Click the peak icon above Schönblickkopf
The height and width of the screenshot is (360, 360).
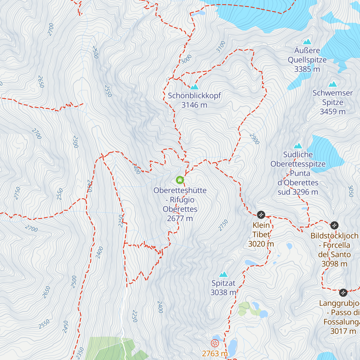pyautogui.click(x=194, y=87)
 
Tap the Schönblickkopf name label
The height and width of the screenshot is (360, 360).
pyautogui.click(x=194, y=96)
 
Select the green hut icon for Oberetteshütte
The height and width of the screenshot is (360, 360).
pyautogui.click(x=180, y=180)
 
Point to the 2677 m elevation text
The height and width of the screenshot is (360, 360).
pyautogui.click(x=180, y=218)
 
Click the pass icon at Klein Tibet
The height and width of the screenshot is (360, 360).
pyautogui.click(x=261, y=215)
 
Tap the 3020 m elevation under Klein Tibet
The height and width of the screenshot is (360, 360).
pyautogui.click(x=261, y=244)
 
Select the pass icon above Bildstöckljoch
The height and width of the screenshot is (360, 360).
pyautogui.click(x=334, y=225)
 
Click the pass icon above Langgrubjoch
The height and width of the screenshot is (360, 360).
pyautogui.click(x=343, y=292)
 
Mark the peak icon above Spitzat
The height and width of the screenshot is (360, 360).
pyautogui.click(x=223, y=274)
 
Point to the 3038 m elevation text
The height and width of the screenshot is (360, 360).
pyautogui.click(x=223, y=292)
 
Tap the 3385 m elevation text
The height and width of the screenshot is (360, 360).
pyautogui.click(x=307, y=69)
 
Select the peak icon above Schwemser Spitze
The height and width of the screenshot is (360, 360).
pyautogui.click(x=333, y=84)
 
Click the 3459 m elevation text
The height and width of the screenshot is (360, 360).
pyautogui.click(x=332, y=112)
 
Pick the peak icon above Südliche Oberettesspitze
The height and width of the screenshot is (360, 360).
pyautogui.click(x=298, y=146)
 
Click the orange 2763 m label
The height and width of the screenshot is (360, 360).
pyautogui.click(x=214, y=353)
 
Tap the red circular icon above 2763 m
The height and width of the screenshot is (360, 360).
pyautogui.click(x=215, y=343)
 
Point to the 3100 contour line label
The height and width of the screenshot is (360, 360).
pyautogui.click(x=221, y=47)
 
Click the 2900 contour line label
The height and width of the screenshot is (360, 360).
pyautogui.click(x=254, y=139)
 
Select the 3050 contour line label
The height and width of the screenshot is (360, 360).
pyautogui.click(x=350, y=191)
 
